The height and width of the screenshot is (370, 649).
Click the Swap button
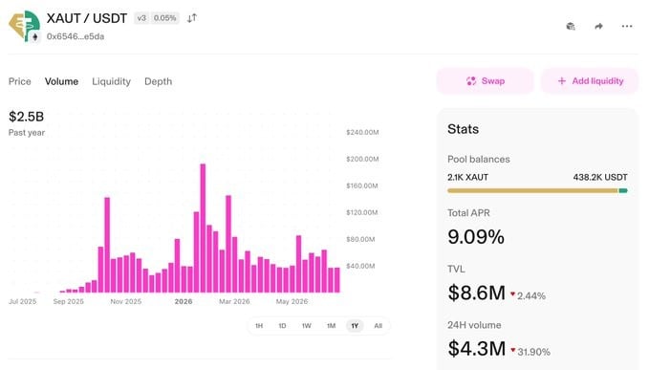[486, 81]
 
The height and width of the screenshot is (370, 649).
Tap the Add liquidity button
[590, 81]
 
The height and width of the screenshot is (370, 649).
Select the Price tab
[20, 81]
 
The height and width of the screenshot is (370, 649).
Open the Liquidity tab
[111, 81]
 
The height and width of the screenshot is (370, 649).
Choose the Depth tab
[158, 81]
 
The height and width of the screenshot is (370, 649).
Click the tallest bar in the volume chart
[203, 229]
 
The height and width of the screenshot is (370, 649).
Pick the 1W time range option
[306, 326]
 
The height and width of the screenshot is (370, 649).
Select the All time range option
[378, 326]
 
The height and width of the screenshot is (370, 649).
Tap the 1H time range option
[259, 326]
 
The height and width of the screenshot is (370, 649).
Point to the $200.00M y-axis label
[362, 159]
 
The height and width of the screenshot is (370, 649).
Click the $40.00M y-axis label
[360, 266]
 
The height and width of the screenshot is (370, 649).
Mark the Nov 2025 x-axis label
[126, 301]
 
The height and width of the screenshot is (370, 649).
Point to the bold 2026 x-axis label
[184, 301]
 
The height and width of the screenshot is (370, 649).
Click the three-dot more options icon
[627, 26]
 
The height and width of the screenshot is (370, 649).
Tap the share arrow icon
[598, 26]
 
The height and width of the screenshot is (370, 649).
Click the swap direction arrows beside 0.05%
[191, 18]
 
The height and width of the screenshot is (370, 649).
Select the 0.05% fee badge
[164, 18]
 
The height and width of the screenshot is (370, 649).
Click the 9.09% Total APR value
[476, 237]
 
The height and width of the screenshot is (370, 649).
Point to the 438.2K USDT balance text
[600, 177]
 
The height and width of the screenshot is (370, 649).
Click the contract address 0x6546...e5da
[76, 36]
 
